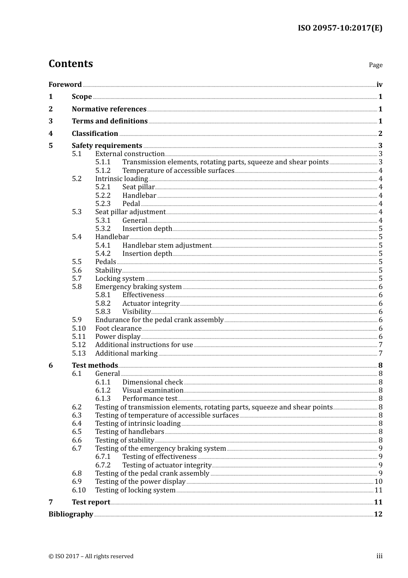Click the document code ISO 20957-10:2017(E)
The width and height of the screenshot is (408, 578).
tap(340, 28)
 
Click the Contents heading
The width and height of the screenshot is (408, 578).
tap(70, 64)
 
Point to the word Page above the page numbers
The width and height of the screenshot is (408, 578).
tap(375, 65)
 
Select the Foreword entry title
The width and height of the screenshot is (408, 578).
tap(65, 85)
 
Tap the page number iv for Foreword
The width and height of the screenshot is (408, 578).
tap(379, 85)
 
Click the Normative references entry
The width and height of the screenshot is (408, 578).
tap(109, 109)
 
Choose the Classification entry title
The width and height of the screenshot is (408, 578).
tap(95, 134)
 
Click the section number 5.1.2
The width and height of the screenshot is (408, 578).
tap(103, 171)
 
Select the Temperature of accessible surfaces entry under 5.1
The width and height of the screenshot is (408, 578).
tap(178, 171)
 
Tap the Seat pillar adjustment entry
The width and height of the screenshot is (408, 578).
tap(130, 212)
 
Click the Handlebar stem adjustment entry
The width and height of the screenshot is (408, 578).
tap(167, 246)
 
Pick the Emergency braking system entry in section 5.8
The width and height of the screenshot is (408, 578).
tap(138, 287)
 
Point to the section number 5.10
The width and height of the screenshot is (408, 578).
tap(79, 329)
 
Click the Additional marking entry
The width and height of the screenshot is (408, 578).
tap(126, 354)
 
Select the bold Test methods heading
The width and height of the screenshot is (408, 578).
tap(95, 366)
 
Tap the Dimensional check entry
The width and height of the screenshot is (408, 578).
tap(152, 382)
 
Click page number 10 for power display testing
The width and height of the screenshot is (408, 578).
tap(378, 482)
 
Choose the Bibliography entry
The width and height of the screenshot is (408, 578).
tap(71, 514)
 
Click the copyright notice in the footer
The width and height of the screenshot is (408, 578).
tap(91, 556)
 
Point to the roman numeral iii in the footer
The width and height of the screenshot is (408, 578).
tap(379, 556)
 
